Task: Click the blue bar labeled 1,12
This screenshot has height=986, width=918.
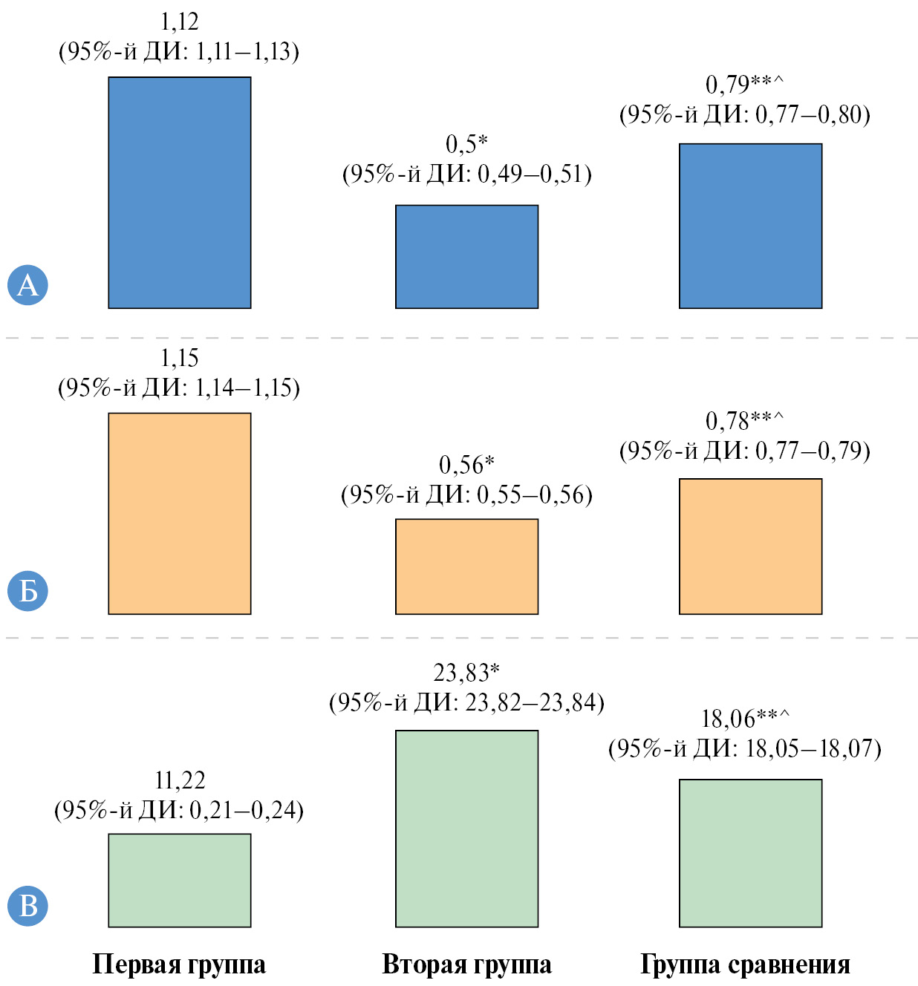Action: coord(180,192)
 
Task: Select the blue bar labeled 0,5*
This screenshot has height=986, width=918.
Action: coord(466,256)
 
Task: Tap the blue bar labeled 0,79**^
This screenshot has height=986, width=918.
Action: coord(750,226)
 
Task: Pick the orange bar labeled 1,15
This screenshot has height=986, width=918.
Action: coord(180,513)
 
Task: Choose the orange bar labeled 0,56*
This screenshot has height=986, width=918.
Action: coord(466,566)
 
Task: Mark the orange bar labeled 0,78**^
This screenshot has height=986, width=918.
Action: coord(750,546)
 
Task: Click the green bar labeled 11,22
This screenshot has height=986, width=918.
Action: coord(180,880)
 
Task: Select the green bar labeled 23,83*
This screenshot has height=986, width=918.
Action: coord(466,829)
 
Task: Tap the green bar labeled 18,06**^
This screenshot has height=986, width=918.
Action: coord(750,852)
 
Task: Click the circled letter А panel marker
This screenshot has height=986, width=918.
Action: coord(27,284)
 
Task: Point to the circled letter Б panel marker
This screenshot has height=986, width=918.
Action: coord(27,591)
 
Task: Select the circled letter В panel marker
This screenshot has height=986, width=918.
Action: coord(27,906)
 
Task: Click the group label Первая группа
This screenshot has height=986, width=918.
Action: coord(179,964)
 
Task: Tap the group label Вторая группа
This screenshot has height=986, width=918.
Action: coord(466,964)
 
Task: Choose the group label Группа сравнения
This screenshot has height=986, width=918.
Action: coord(745,964)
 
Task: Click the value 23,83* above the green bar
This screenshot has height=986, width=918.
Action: coord(466,673)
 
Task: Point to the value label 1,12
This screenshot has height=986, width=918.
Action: coord(180,22)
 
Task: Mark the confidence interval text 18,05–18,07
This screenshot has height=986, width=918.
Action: coord(813,748)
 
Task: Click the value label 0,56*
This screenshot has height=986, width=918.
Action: coord(466,465)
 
